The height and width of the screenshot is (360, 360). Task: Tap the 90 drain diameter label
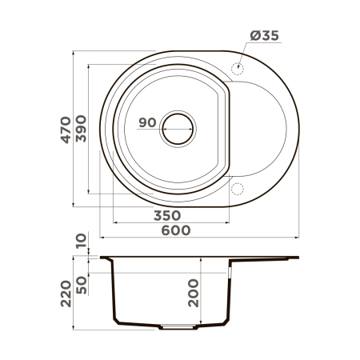point(146,122)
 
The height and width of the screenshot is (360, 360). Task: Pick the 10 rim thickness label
point(81,241)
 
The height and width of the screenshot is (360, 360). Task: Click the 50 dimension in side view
point(81,283)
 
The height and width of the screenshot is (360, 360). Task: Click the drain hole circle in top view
point(178,126)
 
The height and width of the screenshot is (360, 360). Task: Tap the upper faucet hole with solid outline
point(237,69)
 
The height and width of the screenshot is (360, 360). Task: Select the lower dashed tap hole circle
point(237,188)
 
